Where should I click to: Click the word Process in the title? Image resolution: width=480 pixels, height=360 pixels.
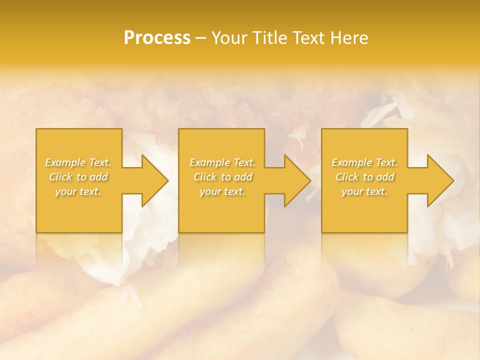coord(157,38)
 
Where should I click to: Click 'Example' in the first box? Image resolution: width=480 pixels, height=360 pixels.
coord(65,162)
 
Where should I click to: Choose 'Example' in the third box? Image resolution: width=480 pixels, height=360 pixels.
coord(351,162)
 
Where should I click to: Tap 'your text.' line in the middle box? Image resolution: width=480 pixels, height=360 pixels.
coord(222,191)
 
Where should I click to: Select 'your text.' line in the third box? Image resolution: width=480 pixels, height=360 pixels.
coord(364,191)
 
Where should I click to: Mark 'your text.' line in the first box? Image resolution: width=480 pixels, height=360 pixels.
coord(78,191)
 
